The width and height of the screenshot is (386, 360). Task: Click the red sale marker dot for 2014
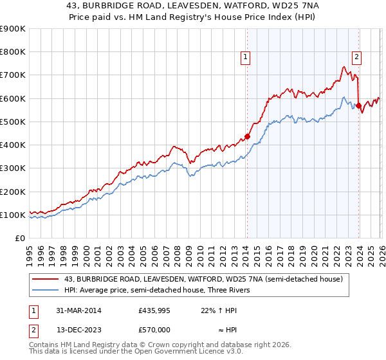247,136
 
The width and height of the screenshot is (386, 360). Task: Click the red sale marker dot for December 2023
358,105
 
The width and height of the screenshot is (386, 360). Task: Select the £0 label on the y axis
19,238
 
